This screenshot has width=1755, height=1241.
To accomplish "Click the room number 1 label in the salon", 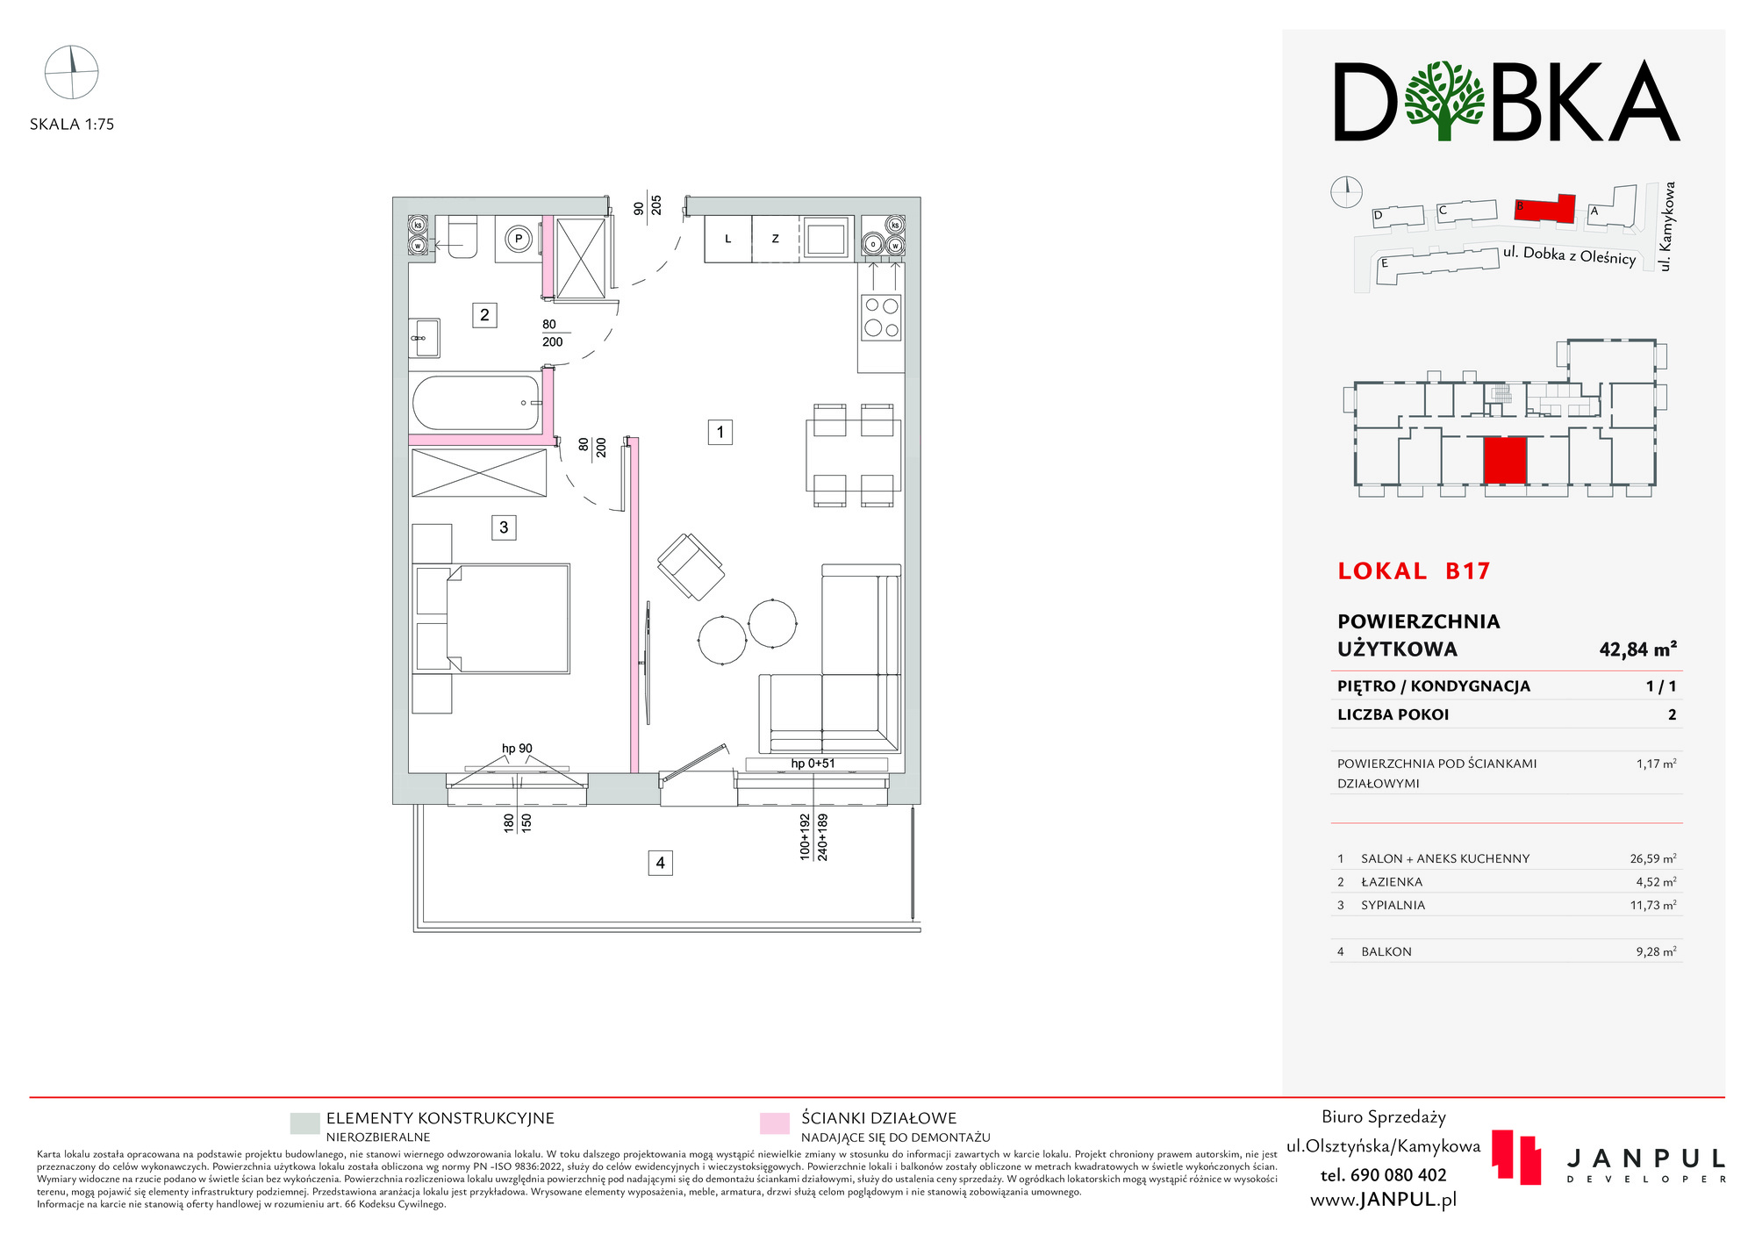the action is pos(720,432).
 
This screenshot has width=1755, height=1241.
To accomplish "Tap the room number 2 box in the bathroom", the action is pos(484,315).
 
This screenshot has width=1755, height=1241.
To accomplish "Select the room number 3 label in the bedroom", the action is pos(504,527).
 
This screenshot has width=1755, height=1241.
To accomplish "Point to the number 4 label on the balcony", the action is pos(661,863).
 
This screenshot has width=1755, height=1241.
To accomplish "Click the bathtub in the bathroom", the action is pos(476,403).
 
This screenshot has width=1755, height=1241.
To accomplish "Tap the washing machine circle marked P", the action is pos(519,239).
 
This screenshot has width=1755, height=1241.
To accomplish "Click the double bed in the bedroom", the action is pos(508,619).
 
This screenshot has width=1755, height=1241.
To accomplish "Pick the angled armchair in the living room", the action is pos(691,566).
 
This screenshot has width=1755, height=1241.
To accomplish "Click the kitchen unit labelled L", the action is pos(728,239).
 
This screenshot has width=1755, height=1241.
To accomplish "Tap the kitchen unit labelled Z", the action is pos(776,239).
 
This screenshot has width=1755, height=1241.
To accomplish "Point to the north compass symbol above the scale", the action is pos(72,72).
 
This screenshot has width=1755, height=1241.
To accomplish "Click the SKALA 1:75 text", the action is pos(72,125).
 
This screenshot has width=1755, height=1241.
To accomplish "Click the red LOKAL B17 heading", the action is pos(1414,571).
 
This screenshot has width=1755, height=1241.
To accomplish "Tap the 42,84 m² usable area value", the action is pos(1637,649).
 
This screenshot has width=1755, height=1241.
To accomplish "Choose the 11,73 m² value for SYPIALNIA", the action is pos(1653,905).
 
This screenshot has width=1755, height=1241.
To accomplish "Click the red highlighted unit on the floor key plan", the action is pos(1505,461).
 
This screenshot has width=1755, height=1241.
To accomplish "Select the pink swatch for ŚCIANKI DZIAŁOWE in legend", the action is pos(775,1123).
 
